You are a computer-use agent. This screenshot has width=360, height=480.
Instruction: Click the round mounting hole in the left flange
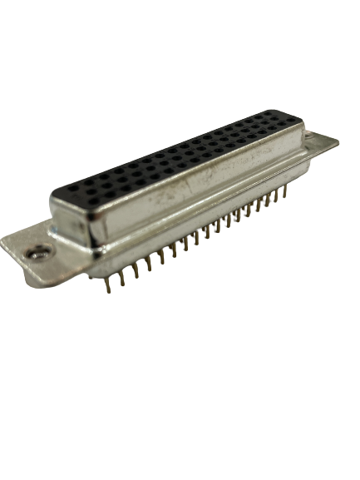(x=37, y=252)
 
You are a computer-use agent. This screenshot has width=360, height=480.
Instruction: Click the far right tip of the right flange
(x=338, y=141)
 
